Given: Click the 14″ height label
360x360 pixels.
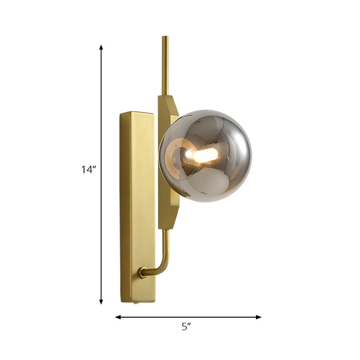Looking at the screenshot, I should [x=88, y=170].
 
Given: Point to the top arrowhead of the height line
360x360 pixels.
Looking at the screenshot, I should [x=101, y=47].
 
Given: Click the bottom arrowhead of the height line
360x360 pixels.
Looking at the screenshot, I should [x=101, y=302].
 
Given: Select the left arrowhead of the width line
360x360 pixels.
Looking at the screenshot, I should [x=118, y=317].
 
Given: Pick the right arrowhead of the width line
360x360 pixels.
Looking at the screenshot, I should [x=258, y=317].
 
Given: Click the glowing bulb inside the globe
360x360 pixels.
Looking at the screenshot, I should [x=206, y=155].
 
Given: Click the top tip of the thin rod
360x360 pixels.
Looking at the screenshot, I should [x=165, y=37].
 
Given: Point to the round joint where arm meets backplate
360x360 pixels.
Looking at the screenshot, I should [x=143, y=272].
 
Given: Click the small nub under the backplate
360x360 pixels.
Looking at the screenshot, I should [x=137, y=304].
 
